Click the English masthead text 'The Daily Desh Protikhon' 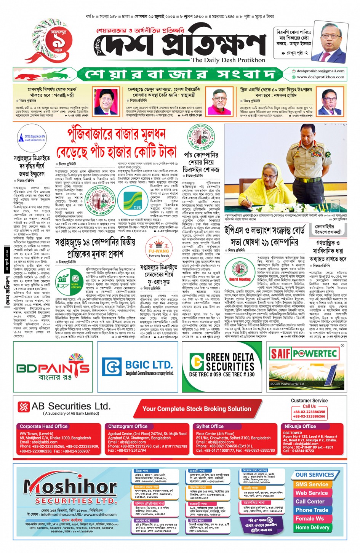[228, 60]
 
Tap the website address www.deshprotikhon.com [320, 77]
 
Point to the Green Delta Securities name [230, 362]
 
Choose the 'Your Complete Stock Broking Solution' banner [197, 409]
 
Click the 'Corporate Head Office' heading [43, 427]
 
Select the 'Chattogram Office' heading [128, 427]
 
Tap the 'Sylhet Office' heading [210, 427]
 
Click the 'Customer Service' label [309, 401]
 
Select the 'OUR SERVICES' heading [315, 475]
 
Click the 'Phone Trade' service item [312, 510]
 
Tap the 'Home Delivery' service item [312, 527]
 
